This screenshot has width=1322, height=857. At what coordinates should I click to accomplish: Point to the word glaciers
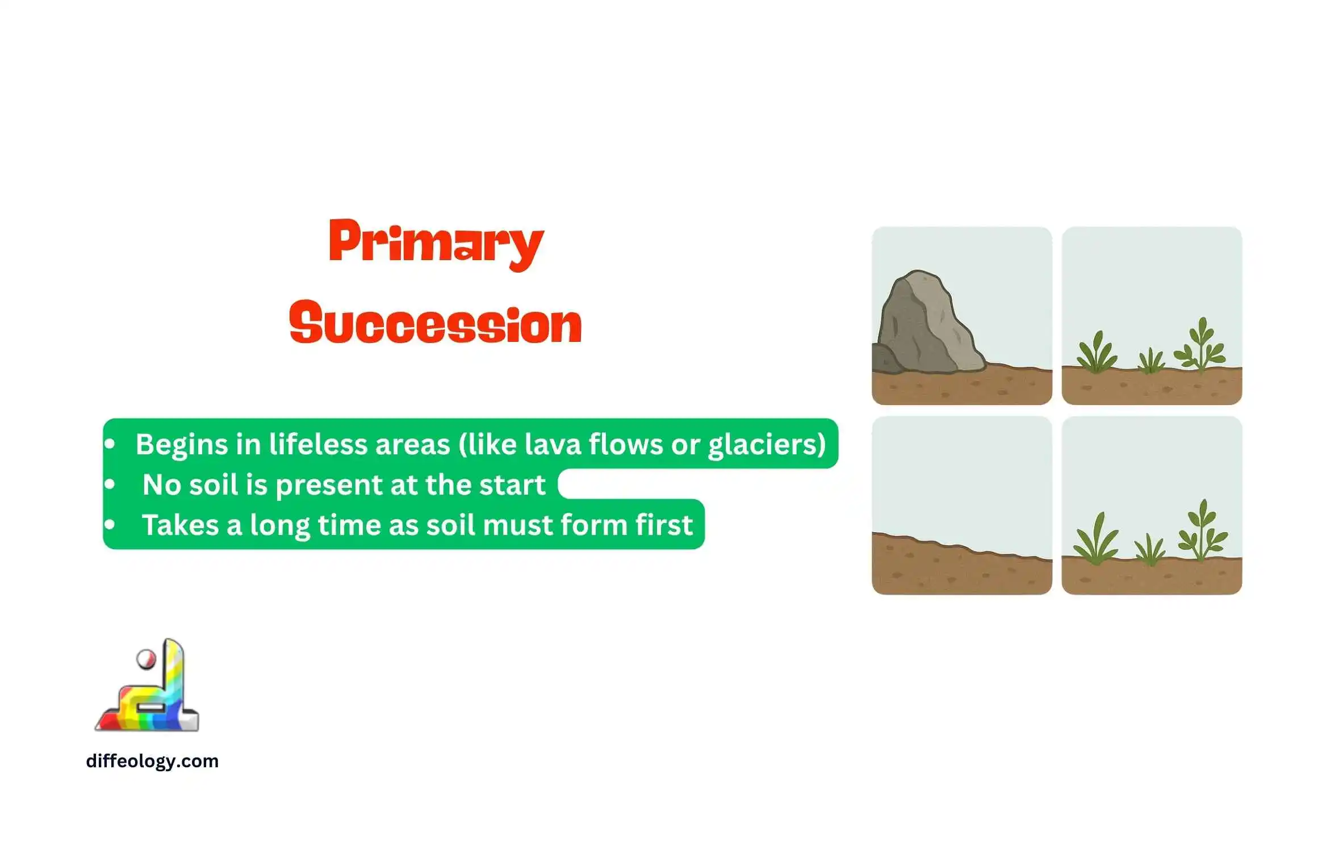762,445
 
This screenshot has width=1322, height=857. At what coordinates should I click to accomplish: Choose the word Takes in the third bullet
180,525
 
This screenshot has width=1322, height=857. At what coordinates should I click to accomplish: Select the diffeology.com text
152,760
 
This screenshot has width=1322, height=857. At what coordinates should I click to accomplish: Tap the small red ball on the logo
146,659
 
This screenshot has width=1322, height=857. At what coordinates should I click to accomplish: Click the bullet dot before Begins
110,444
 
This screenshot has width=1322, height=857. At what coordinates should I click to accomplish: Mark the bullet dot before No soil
110,484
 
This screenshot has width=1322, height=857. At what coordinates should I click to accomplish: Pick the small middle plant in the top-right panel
1151,361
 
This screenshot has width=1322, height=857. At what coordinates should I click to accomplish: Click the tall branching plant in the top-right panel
1200,345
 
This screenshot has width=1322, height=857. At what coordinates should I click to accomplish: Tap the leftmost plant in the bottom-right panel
1096,538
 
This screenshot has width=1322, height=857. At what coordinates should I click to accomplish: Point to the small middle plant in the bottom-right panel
1150,550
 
